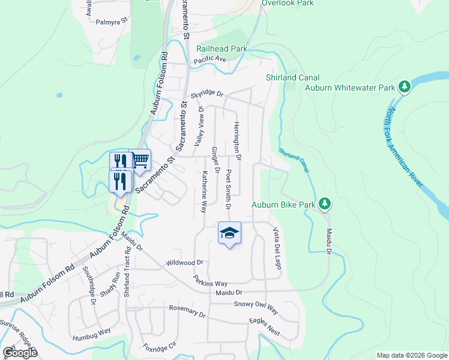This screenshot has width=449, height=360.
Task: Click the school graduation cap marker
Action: [x=229, y=233]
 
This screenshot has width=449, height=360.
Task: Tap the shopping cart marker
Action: [x=139, y=160]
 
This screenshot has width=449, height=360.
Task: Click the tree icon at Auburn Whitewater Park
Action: [x=405, y=88]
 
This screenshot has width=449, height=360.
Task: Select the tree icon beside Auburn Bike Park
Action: [x=325, y=205]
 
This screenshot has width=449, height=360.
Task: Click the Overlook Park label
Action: [x=288, y=3]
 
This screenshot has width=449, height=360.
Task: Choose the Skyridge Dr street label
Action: [x=206, y=95]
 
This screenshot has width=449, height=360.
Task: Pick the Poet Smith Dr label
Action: [x=228, y=188]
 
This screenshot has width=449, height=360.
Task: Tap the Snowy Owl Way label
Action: [x=256, y=307]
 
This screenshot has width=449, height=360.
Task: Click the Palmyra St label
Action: [x=113, y=21]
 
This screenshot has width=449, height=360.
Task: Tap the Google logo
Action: [x=20, y=353]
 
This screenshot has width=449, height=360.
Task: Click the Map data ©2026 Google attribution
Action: [x=412, y=355]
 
